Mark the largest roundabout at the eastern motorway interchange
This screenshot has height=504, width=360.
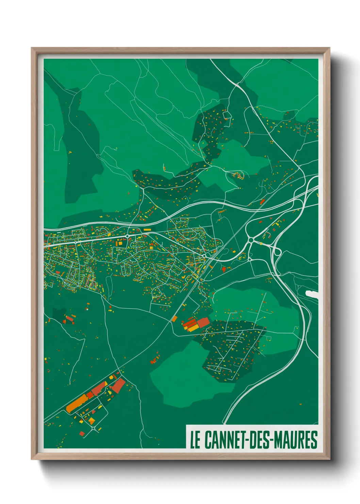point(251,240)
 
